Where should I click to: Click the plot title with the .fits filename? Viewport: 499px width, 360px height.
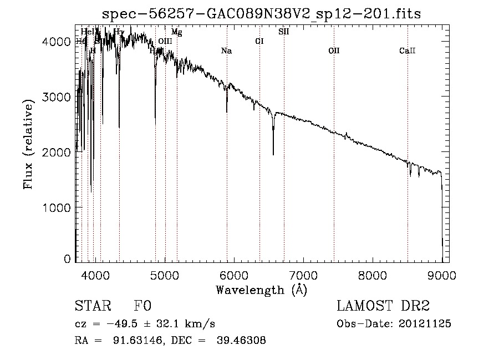point(262,14)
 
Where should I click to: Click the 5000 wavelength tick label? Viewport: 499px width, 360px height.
point(164,274)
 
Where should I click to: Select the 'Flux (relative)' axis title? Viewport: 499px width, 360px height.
point(29,143)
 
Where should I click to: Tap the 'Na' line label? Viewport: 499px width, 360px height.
point(226,51)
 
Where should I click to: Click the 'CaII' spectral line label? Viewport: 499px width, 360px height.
point(407,51)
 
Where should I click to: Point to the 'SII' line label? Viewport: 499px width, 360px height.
point(283,32)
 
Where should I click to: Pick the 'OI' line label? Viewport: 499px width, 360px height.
point(259,41)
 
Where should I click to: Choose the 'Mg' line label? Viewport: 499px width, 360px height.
point(176,32)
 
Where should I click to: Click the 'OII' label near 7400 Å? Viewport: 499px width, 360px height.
point(333,51)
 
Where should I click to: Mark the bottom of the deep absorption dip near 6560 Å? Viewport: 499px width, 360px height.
point(273,154)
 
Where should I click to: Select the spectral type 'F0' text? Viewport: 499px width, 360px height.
point(142,306)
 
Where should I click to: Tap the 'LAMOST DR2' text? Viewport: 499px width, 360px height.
point(383,306)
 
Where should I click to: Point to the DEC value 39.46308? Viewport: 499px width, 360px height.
point(243,341)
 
